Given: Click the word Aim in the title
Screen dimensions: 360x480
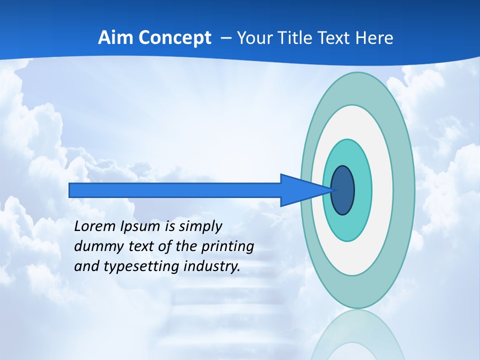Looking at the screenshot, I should click(x=115, y=38).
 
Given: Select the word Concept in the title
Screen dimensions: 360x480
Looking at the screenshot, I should click(x=174, y=38).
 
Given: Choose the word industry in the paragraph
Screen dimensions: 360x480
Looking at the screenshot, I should click(x=212, y=266).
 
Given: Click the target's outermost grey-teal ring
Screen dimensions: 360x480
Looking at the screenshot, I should click(x=405, y=190).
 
